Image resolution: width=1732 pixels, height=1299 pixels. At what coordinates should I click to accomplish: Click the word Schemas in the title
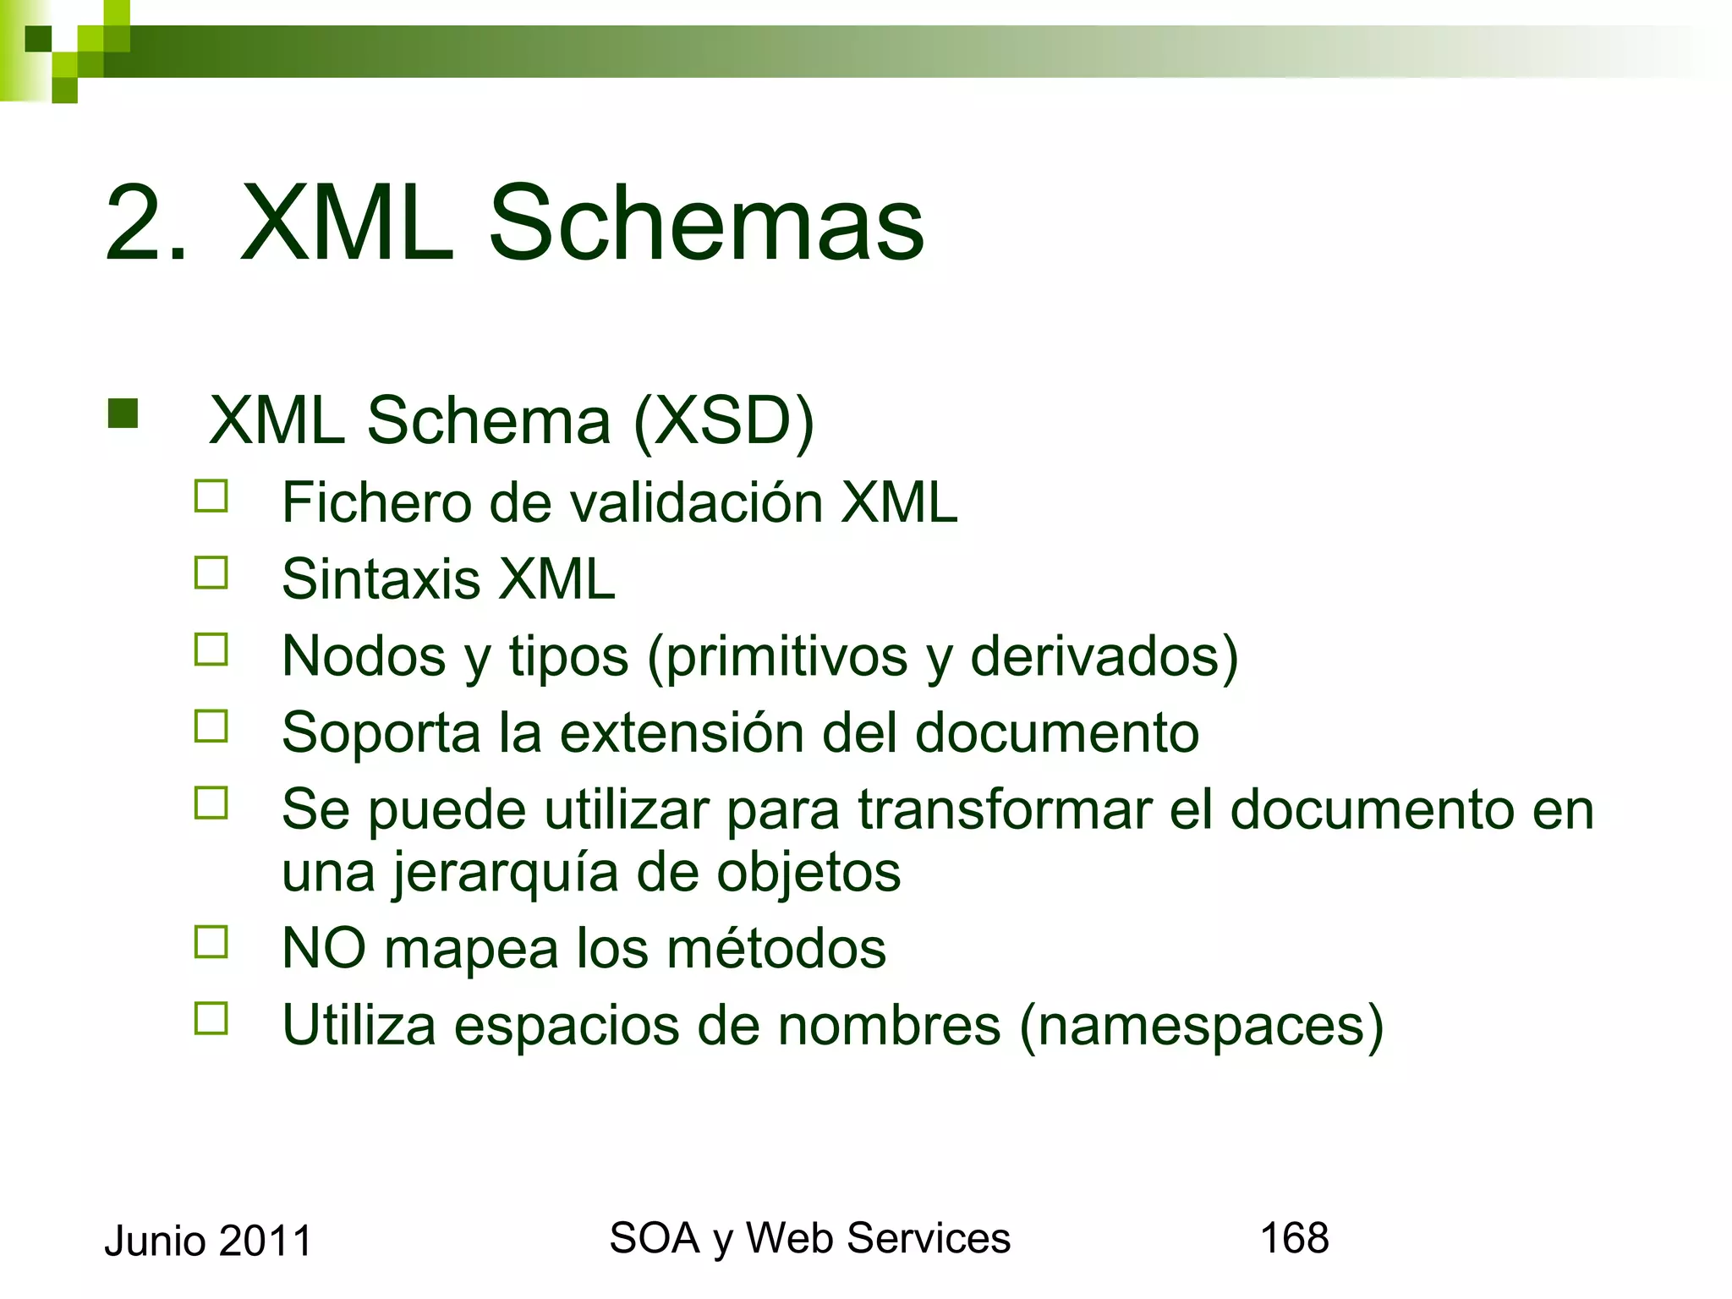point(706,223)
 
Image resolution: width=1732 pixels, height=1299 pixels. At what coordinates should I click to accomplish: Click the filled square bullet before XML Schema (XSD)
point(123,414)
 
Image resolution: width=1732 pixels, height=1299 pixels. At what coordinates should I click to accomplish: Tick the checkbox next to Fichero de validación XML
point(211,496)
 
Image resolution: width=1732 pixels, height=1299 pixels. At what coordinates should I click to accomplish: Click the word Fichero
point(376,502)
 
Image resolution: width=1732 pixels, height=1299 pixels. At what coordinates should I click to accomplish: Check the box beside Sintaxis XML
point(211,573)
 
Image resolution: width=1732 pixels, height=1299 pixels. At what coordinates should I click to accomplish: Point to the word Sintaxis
point(381,579)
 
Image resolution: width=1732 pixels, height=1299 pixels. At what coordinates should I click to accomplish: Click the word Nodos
point(364,655)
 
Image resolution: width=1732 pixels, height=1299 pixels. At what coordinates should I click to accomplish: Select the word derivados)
point(1104,656)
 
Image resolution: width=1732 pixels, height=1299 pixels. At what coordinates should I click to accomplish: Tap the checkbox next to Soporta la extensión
point(211,726)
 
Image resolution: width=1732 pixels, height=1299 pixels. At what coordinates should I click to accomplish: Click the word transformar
point(1006,809)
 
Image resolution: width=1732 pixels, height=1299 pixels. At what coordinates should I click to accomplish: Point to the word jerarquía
point(505,872)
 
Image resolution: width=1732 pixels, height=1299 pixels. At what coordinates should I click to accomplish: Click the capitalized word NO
point(324,948)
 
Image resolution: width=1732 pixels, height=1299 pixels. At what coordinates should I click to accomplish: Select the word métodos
point(776,948)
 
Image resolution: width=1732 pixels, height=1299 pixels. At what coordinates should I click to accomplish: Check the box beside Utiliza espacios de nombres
point(211,1018)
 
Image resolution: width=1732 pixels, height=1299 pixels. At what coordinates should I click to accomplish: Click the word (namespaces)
point(1202,1026)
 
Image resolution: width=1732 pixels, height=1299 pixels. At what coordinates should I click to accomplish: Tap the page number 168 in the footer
point(1294,1238)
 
